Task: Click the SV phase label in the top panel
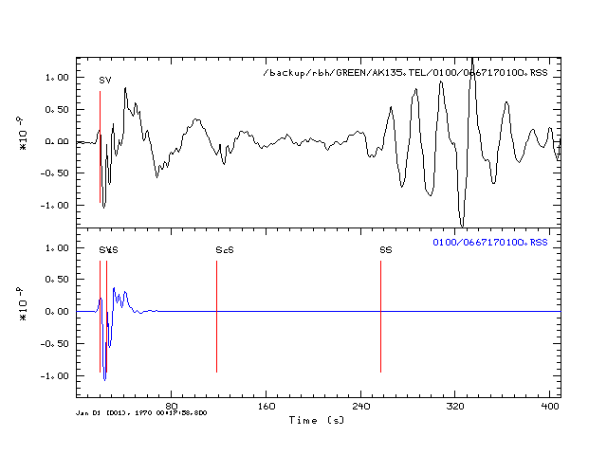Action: [105, 81]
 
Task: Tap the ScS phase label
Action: [224, 250]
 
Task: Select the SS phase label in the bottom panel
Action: [386, 250]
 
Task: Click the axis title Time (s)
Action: [317, 419]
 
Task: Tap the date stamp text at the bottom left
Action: [141, 413]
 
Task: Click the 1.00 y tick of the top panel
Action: [57, 77]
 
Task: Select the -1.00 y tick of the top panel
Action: [54, 205]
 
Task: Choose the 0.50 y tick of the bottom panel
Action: [57, 280]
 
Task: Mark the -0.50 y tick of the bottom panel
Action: [54, 343]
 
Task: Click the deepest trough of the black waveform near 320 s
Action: [462, 225]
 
